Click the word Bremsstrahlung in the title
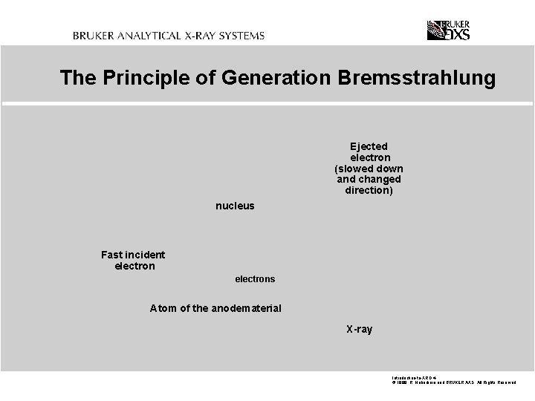416,78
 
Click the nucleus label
235,206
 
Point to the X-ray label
359,329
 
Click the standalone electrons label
255,279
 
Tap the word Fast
112,255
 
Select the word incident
146,255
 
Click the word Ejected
369,146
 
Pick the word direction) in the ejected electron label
369,191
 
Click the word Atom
163,308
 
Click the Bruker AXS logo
448,30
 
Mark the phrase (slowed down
369,169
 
